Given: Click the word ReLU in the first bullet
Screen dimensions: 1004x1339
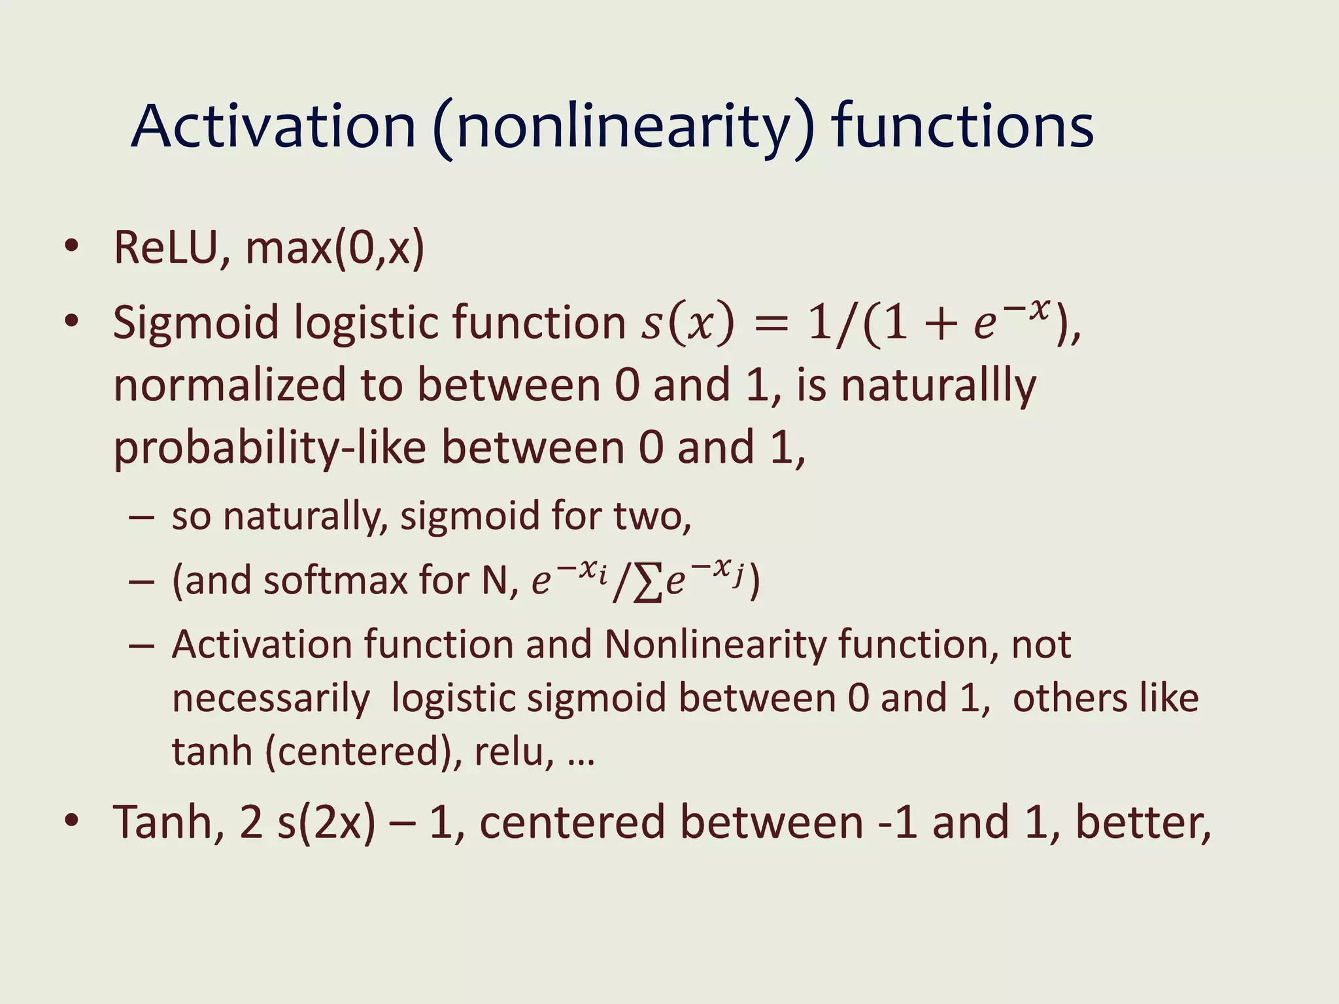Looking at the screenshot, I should pos(166,248).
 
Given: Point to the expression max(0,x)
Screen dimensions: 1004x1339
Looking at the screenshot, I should pos(335,248).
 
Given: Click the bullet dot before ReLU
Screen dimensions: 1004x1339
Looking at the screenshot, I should pos(71,246).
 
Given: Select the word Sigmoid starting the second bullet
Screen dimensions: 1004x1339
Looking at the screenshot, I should pos(196,323).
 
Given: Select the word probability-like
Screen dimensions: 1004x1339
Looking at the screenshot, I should pos(269,449).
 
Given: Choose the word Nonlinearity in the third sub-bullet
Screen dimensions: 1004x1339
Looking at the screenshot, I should pos(717,645).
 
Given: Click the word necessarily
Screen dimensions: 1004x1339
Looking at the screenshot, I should pos(271,699).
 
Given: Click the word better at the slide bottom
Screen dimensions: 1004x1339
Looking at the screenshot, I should pos(1142,823).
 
